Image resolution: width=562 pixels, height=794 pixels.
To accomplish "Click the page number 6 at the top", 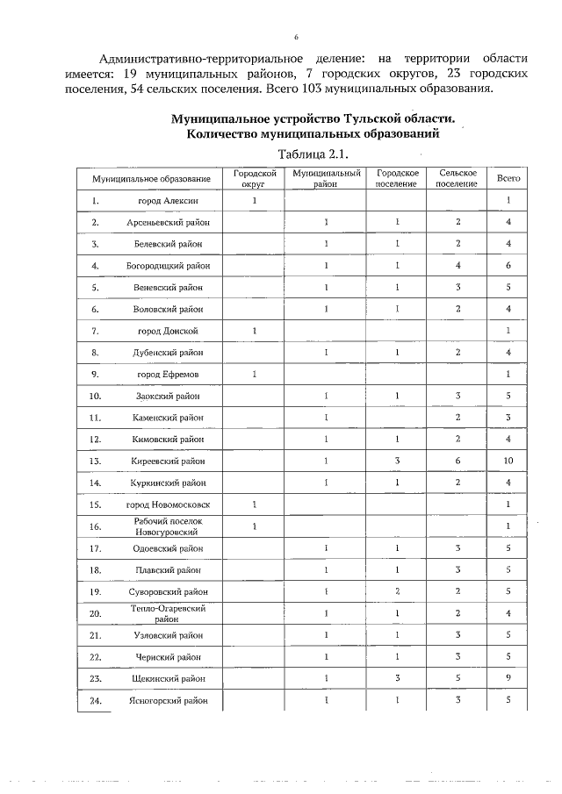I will pos(296,37).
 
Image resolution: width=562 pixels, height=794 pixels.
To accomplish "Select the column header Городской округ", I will pos(254,178).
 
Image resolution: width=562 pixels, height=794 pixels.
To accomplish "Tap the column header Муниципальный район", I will pos(327,178).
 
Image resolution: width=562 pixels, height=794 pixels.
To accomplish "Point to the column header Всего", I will pos(509,178).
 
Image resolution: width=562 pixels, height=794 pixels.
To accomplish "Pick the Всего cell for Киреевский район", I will pos(509,460).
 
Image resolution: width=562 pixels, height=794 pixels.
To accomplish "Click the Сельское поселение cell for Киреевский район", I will pos(458,460).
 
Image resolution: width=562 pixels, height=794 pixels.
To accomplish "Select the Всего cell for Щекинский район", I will pos(509,678).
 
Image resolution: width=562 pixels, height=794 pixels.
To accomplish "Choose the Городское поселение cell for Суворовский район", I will pos(397,591).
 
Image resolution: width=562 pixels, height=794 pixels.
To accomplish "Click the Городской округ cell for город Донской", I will pos(254,331).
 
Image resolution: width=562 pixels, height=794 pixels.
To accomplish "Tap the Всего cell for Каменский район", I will pos(509,417).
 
